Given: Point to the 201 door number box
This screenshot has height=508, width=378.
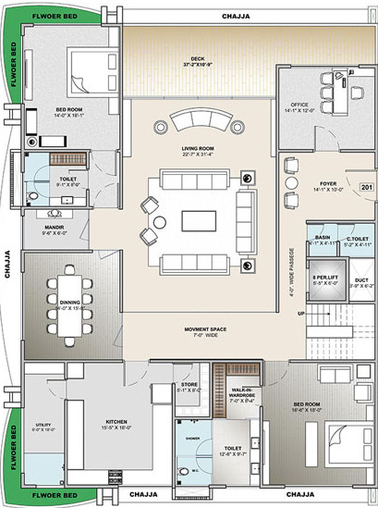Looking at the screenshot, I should pos(365,188).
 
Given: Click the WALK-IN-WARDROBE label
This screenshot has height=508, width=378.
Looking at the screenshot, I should pos(241,393).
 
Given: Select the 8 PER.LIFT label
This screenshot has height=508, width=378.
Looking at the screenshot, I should pos(323,278).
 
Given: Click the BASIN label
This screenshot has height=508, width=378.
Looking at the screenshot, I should pos(323,238).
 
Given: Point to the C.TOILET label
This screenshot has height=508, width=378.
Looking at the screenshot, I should pos(357,238).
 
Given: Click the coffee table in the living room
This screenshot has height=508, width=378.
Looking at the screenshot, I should pos(198,221).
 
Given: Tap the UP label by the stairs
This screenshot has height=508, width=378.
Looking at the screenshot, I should pos(300,314).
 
